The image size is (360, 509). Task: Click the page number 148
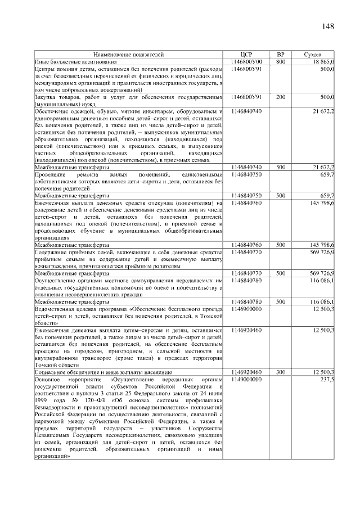[328, 27]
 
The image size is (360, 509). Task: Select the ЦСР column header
[246, 55]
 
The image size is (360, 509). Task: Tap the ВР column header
[281, 55]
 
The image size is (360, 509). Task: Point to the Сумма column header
[312, 55]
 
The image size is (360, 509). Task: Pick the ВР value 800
[281, 61]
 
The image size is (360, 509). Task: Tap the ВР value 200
[281, 97]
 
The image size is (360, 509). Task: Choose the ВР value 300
[281, 372]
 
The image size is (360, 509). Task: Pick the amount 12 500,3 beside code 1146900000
[323, 309]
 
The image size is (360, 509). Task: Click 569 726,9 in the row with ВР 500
[322, 273]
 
